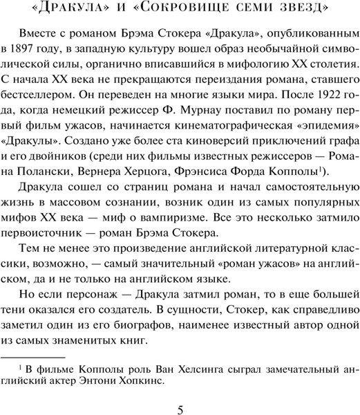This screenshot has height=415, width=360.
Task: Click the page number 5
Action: coord(180,409)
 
